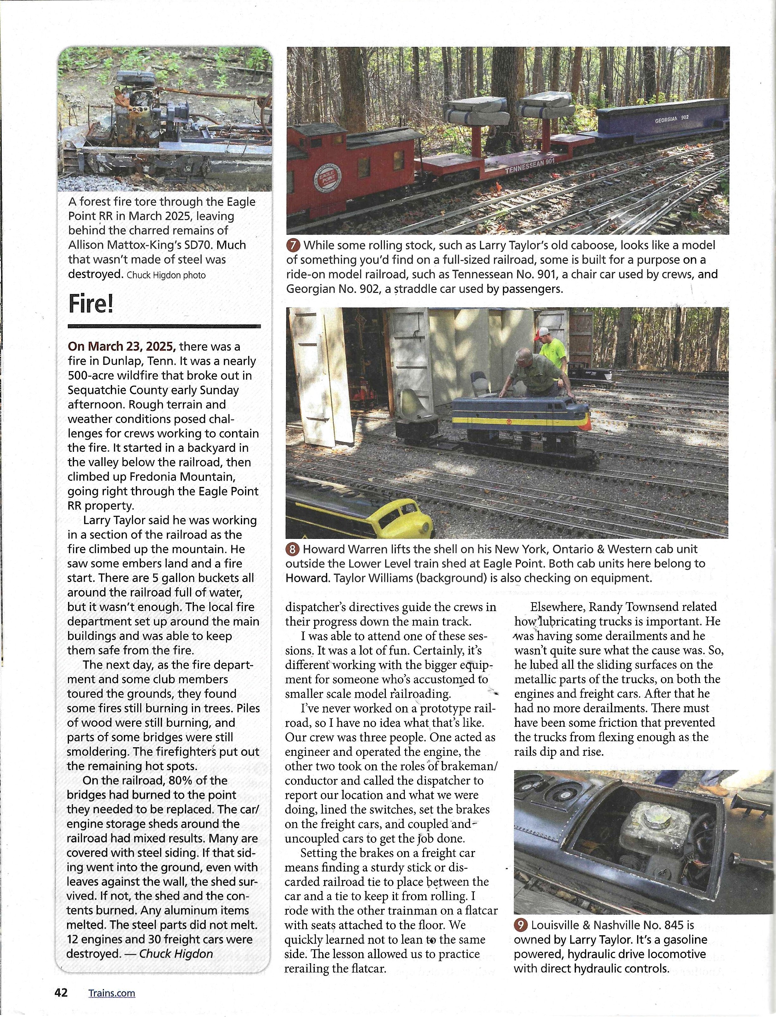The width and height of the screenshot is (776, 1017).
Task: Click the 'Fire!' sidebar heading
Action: (x=91, y=304)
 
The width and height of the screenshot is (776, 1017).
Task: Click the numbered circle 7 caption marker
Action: (x=293, y=245)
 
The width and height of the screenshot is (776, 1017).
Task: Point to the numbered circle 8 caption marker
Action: (x=292, y=549)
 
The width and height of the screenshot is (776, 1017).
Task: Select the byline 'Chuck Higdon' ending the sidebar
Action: (x=176, y=953)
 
